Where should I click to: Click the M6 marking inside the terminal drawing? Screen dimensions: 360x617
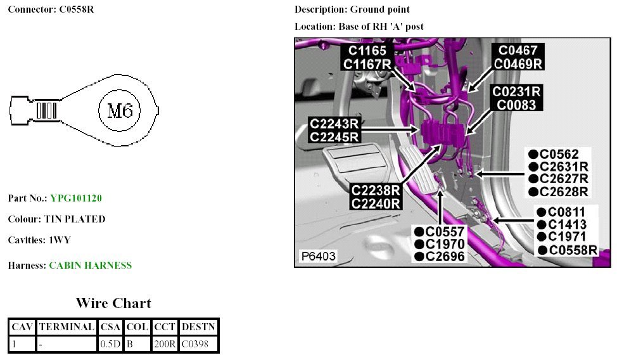[120, 112]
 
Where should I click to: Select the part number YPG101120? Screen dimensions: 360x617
[76, 198]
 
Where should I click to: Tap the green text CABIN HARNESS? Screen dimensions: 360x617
[91, 266]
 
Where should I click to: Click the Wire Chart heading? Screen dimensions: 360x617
[113, 303]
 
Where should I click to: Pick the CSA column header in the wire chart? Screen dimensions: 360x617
[106, 327]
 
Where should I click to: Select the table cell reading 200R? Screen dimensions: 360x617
[163, 344]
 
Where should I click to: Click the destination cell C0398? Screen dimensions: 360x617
[198, 344]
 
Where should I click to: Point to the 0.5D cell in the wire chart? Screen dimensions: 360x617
[106, 344]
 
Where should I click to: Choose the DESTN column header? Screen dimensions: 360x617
[198, 327]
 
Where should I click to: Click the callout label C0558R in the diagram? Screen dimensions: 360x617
[573, 250]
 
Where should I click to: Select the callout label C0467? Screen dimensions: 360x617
[518, 50]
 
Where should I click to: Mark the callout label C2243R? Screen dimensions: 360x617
[334, 123]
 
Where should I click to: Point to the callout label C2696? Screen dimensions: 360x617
[445, 256]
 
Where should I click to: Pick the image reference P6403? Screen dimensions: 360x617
[319, 256]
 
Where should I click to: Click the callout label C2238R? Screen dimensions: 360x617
[376, 190]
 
